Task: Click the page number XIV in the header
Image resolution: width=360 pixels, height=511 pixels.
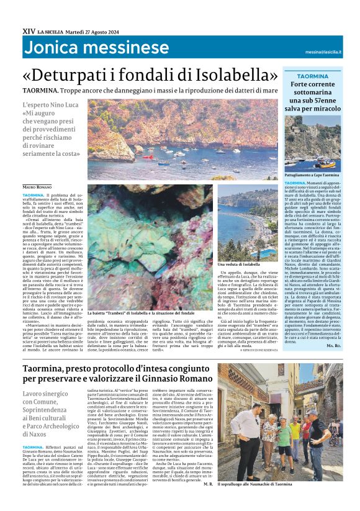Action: point(28,30)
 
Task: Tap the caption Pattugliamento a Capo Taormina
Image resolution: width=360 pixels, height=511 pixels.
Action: point(311,176)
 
